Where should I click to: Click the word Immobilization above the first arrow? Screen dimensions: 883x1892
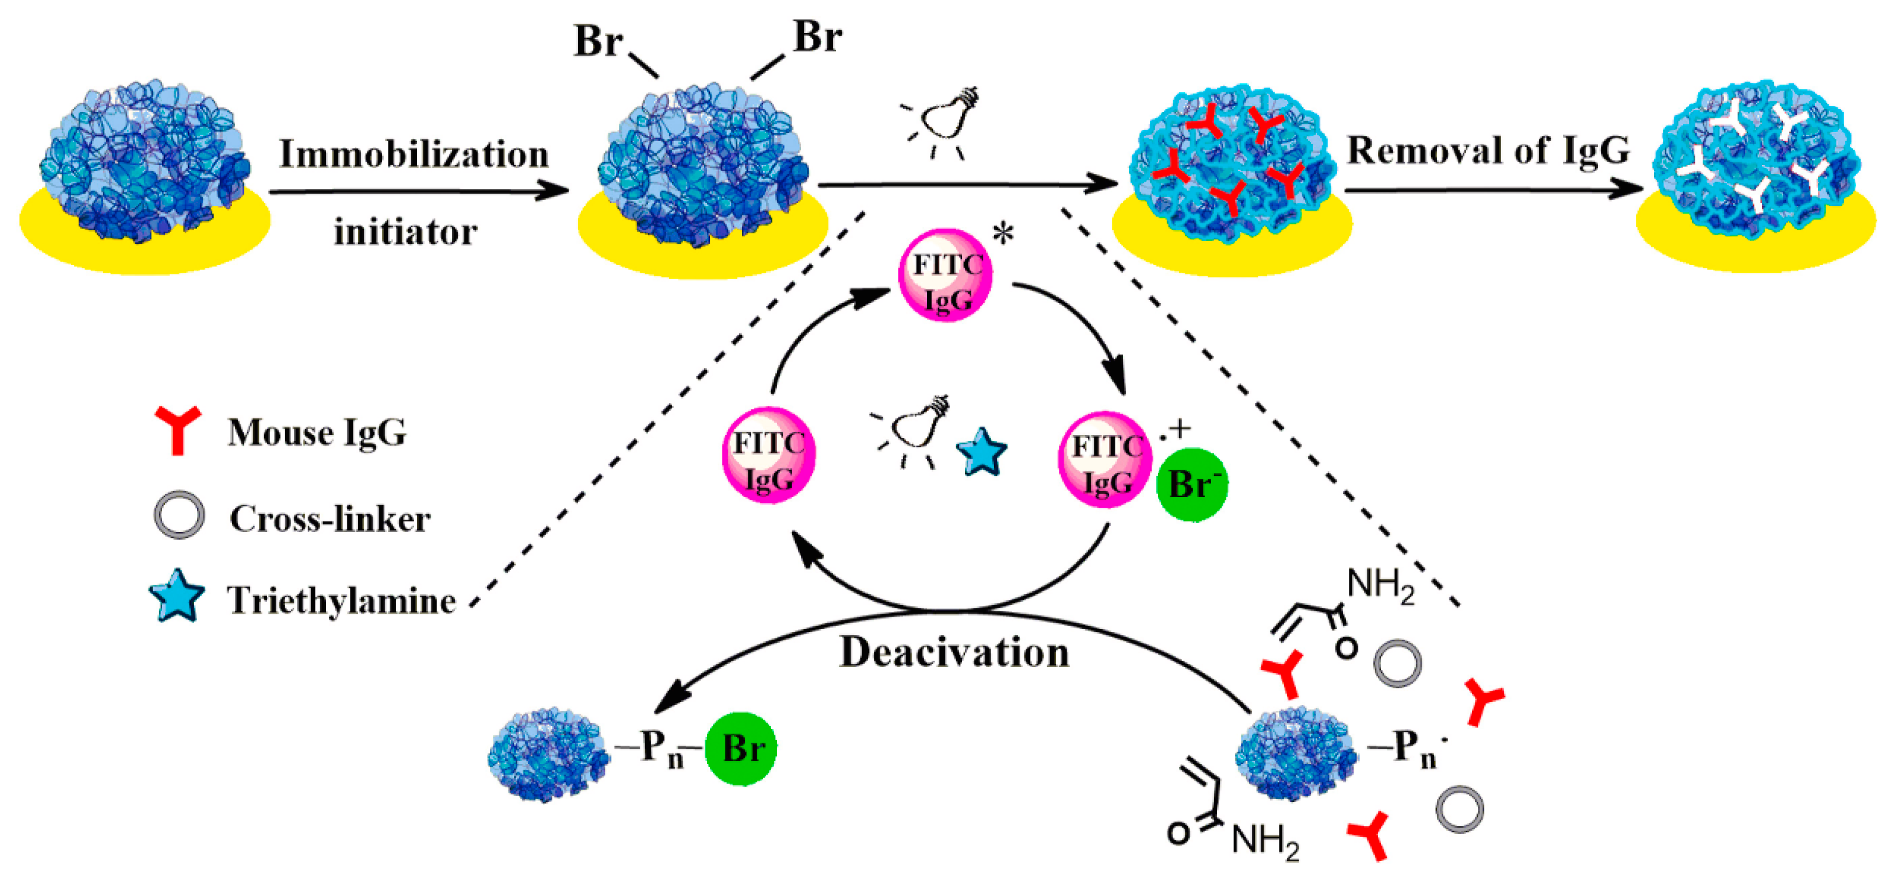(414, 155)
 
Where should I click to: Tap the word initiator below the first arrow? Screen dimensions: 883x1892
(405, 232)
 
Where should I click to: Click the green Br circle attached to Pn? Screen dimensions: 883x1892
(740, 749)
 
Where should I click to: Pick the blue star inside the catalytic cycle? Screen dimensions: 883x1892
(981, 453)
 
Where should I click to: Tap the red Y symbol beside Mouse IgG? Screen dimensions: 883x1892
(177, 429)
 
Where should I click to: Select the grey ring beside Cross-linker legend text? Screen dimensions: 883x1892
(179, 515)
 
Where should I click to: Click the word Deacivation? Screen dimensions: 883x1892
(954, 652)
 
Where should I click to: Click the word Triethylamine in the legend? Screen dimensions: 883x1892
(341, 600)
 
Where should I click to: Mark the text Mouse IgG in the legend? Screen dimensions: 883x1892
(317, 432)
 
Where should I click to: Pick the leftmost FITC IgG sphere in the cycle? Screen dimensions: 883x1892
(769, 456)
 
